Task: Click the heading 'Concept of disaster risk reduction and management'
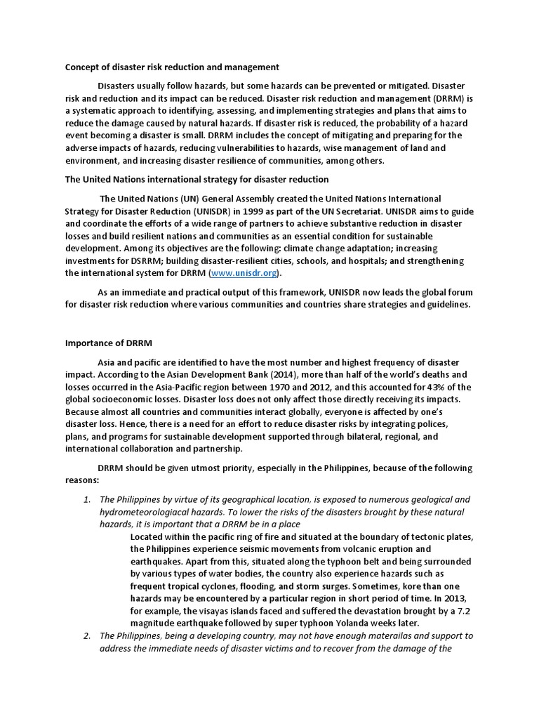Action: pos(172,67)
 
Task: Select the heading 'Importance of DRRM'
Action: pos(109,343)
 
